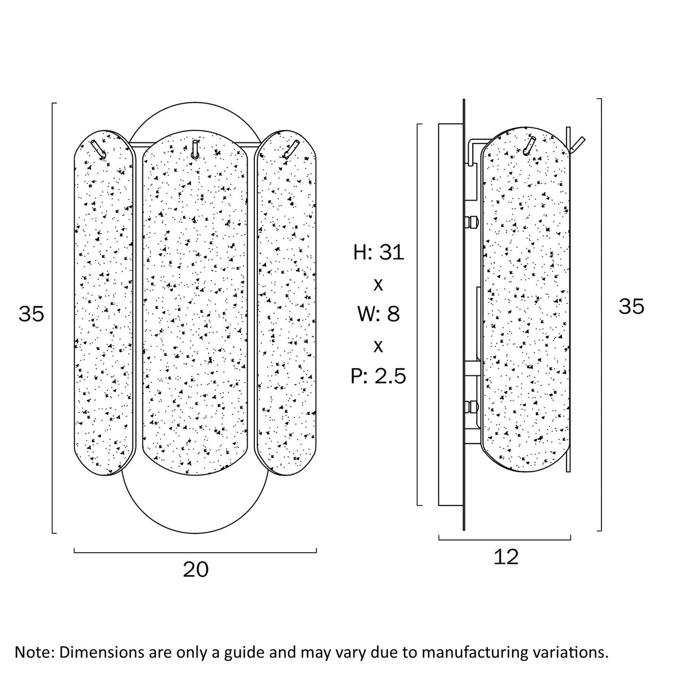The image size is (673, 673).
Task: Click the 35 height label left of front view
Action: [31, 314]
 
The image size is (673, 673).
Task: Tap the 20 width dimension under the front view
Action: [196, 569]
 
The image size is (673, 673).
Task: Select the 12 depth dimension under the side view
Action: [506, 557]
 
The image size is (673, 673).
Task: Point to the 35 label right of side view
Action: [631, 307]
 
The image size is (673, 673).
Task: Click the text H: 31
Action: [379, 252]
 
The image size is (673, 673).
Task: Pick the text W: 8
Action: [379, 314]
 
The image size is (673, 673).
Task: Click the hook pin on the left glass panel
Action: [99, 150]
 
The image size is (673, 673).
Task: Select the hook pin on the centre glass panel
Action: [195, 150]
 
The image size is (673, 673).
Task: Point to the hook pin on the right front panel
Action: [291, 150]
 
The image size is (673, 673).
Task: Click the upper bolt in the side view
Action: [471, 221]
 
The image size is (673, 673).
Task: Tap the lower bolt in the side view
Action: [471, 406]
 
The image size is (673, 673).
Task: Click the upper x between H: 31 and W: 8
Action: [378, 285]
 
